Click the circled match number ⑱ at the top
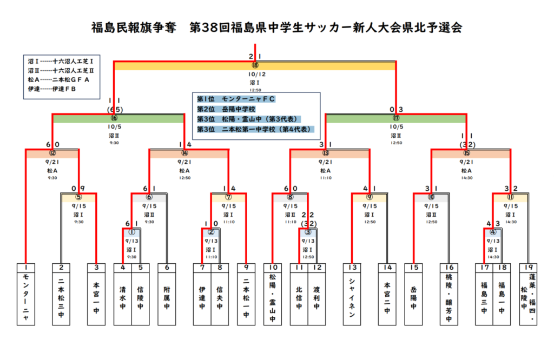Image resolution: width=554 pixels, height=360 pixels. coord(255,65)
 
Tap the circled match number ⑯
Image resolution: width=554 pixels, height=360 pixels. coord(114,118)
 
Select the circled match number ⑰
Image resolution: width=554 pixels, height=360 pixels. coord(396,118)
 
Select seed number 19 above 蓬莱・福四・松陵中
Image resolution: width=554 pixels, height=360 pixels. coord(527,267)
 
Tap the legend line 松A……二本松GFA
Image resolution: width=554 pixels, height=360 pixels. coord(59,79)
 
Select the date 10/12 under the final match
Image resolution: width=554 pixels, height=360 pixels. coord(255,75)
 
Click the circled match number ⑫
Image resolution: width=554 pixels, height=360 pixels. coord(52,153)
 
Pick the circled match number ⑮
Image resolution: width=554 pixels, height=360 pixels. coord(466,153)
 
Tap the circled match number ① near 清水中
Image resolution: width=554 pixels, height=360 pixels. coord(131,232)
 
